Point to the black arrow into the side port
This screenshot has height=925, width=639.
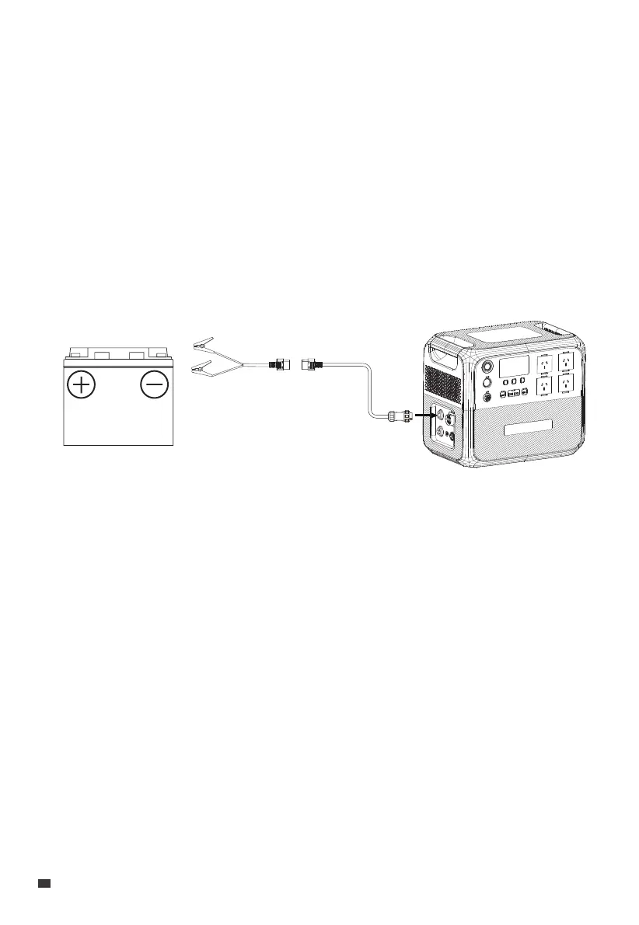[x=424, y=415]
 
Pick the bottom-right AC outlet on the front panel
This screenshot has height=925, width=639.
[x=570, y=384]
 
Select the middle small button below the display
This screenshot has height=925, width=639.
[x=515, y=382]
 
